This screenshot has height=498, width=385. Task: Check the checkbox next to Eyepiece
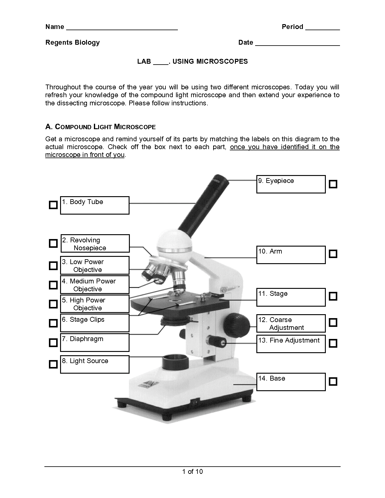[x=333, y=184]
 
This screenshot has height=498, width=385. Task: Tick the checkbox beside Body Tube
[x=53, y=205]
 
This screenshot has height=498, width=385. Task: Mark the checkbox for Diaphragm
[x=53, y=343]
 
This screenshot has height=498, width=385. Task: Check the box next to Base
[x=333, y=381]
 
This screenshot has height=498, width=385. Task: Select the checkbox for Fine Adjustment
[x=333, y=343]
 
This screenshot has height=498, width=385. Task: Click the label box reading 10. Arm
[x=291, y=255]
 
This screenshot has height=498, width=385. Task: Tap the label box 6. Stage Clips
[x=95, y=323]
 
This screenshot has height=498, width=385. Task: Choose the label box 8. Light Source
[x=95, y=364]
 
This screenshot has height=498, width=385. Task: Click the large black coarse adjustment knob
[x=237, y=324]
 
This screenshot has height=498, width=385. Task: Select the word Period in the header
[x=292, y=27]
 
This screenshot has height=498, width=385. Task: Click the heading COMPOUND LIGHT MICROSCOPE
[x=100, y=127]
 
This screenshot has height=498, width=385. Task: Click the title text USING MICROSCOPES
[x=210, y=62]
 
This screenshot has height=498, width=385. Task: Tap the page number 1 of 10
[x=192, y=472]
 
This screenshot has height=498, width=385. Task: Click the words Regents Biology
[x=72, y=43]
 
